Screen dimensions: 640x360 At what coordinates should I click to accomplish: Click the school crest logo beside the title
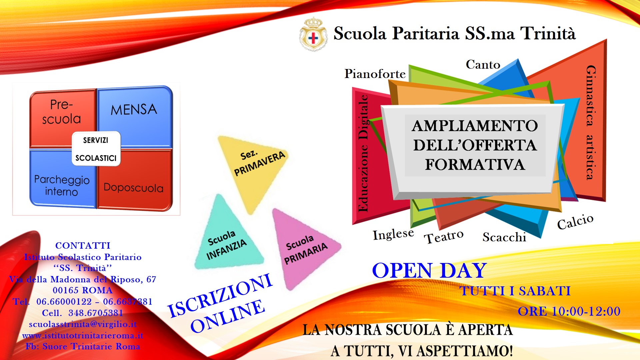point(313,34)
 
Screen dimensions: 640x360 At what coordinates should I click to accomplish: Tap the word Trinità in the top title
point(548,33)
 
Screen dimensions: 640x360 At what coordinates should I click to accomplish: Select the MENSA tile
point(135,116)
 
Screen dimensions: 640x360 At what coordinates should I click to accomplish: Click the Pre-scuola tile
point(63,118)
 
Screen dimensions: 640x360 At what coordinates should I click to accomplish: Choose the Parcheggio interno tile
point(63,178)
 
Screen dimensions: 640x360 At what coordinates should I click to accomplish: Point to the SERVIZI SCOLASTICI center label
point(96,149)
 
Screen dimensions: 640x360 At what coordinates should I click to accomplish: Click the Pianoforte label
point(375,74)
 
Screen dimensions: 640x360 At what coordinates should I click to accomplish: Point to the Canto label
point(483,64)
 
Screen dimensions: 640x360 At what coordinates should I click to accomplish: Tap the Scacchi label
point(504,237)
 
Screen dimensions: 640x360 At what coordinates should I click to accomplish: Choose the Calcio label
point(575,222)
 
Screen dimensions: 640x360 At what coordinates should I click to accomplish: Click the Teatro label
point(444,237)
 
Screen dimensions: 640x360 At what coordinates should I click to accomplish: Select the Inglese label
point(393,234)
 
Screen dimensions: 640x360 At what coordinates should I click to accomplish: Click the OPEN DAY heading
point(429,270)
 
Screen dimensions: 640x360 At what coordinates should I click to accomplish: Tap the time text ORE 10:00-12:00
point(569,311)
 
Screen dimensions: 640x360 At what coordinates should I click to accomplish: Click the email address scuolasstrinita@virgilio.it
point(83,324)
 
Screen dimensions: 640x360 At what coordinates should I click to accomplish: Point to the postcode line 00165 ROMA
point(83,290)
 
